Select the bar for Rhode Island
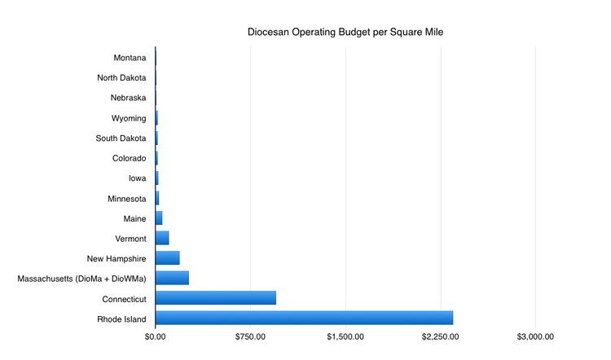point(304,318)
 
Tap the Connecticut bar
point(216,298)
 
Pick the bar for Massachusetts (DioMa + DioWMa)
point(172,279)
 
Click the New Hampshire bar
point(167,258)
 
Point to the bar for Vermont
point(162,238)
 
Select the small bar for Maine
point(159,218)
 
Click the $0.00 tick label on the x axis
point(156,336)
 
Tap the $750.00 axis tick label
point(250,336)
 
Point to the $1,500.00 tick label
point(345,336)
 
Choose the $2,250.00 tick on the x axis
point(441,336)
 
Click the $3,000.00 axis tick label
point(535,336)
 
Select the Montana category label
point(130,58)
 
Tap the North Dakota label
point(121,77)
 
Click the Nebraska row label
point(128,98)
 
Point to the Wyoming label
point(129,118)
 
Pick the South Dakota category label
point(121,138)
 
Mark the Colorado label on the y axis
point(129,158)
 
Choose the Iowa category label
point(136,178)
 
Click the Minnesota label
point(127,198)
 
